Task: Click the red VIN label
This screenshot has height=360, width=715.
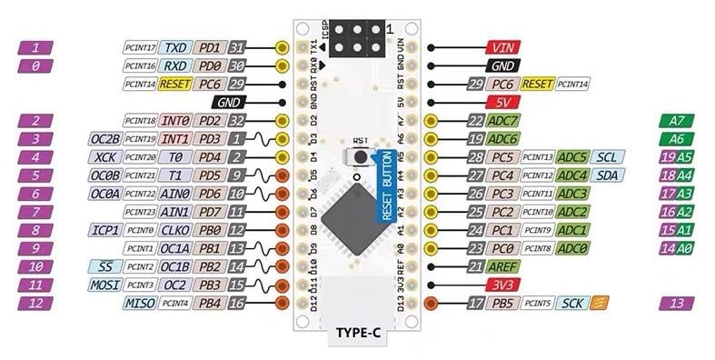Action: point(502,46)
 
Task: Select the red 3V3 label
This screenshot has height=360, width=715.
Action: point(502,285)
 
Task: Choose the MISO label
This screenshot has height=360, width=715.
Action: point(139,302)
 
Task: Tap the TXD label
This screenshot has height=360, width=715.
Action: point(177,46)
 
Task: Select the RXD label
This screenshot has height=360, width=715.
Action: point(177,65)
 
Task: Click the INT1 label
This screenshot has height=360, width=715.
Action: point(176,138)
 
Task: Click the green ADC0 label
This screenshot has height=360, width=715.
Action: point(572,247)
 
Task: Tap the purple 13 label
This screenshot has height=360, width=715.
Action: point(674,304)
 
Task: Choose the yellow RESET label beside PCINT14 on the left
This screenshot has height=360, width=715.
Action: point(174,83)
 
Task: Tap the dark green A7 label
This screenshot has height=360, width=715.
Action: point(674,120)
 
